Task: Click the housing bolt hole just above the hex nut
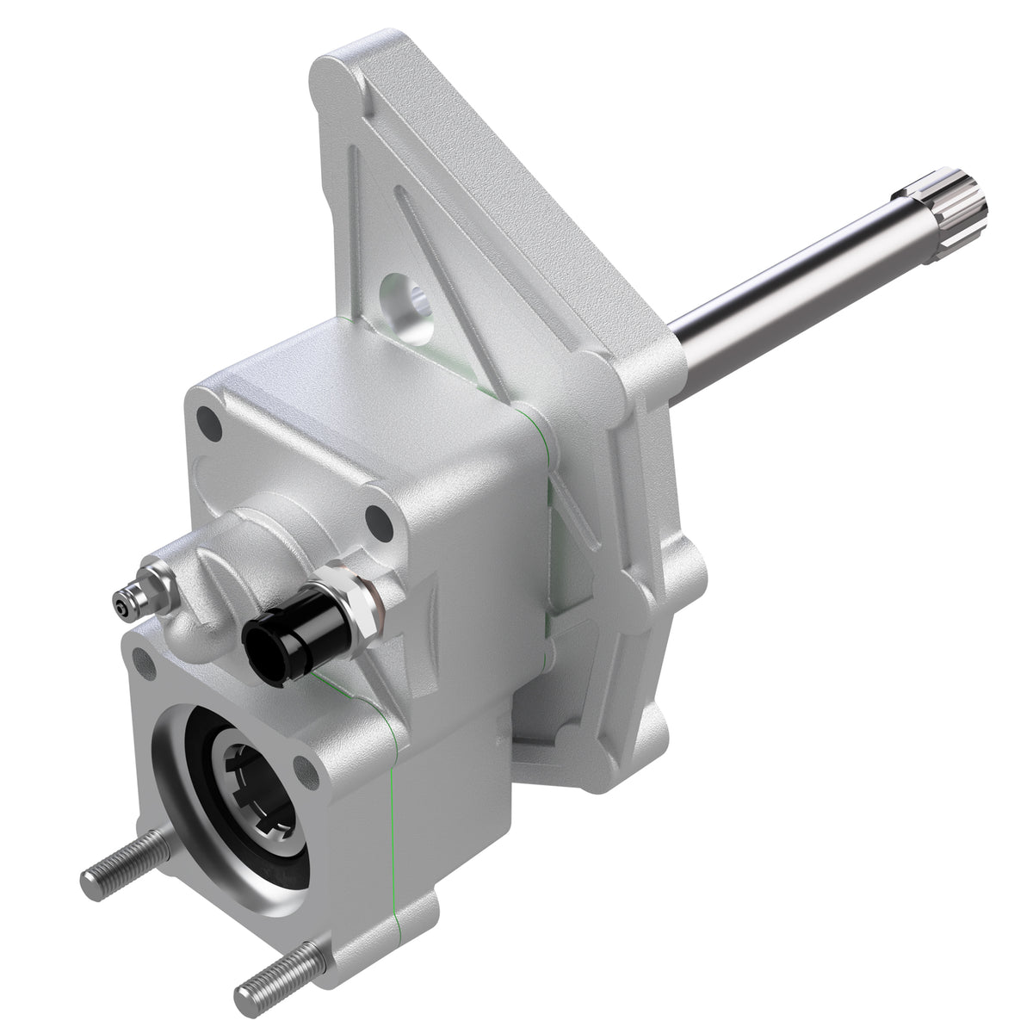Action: [376, 521]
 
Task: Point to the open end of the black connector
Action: [258, 641]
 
